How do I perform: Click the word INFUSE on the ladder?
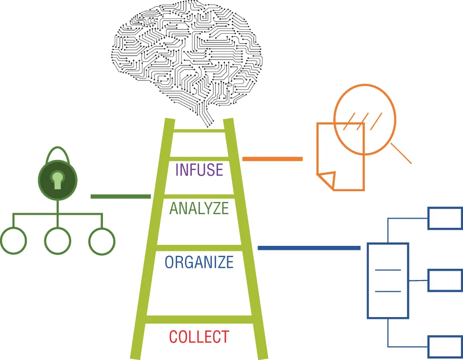click(x=199, y=170)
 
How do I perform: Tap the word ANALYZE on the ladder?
click(x=199, y=208)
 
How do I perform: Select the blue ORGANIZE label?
click(x=199, y=262)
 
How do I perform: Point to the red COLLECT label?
click(x=199, y=337)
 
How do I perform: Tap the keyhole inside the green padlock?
click(x=58, y=180)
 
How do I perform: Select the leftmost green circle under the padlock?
click(x=13, y=241)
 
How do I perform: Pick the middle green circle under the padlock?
click(x=58, y=241)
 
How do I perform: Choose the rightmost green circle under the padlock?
click(x=102, y=241)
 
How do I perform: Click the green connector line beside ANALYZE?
click(x=121, y=196)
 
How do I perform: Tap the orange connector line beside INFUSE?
click(x=272, y=159)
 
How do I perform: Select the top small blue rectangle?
click(x=444, y=218)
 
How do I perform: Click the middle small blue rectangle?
click(x=444, y=280)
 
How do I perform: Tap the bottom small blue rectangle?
click(x=444, y=346)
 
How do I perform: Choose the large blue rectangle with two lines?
click(x=387, y=280)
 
